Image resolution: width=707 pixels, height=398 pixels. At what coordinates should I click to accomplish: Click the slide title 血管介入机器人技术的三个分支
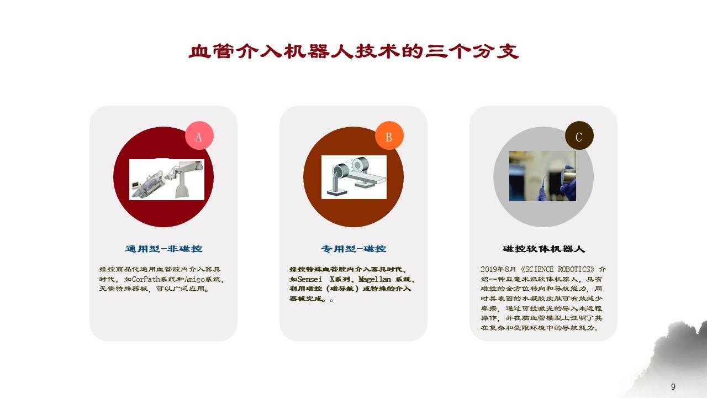pos(353,51)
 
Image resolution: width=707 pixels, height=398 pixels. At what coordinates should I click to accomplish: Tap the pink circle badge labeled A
pos(199,136)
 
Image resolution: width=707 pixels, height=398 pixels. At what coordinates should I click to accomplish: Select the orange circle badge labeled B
pos(389,136)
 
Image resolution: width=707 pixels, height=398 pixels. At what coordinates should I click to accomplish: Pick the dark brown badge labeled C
pos(579,136)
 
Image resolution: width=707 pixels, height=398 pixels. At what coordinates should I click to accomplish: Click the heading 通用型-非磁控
pos(163,249)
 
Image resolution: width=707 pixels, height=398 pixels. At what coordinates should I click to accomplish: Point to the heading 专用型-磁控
pos(353,249)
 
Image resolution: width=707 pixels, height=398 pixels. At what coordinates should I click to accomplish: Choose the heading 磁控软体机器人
pos(544,249)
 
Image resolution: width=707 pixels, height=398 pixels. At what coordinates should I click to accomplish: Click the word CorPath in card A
pos(145,279)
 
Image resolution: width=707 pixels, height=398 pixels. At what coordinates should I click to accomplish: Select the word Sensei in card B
pos(309,279)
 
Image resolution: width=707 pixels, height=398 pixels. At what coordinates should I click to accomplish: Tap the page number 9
pos(673,387)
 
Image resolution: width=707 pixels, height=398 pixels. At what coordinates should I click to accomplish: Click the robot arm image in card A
pos(167,179)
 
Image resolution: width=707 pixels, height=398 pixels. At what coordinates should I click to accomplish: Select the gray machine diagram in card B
pos(353,177)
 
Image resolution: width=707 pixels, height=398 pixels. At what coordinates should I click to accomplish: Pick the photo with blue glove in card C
pos(542,176)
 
